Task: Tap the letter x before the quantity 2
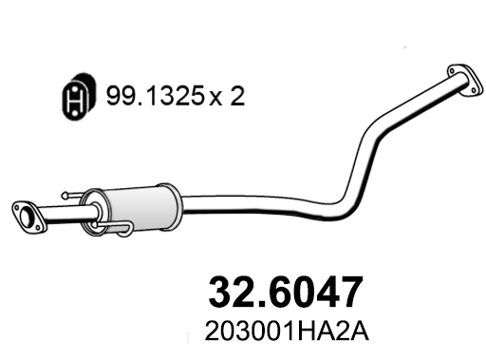(215, 99)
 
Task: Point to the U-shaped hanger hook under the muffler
(122, 228)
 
